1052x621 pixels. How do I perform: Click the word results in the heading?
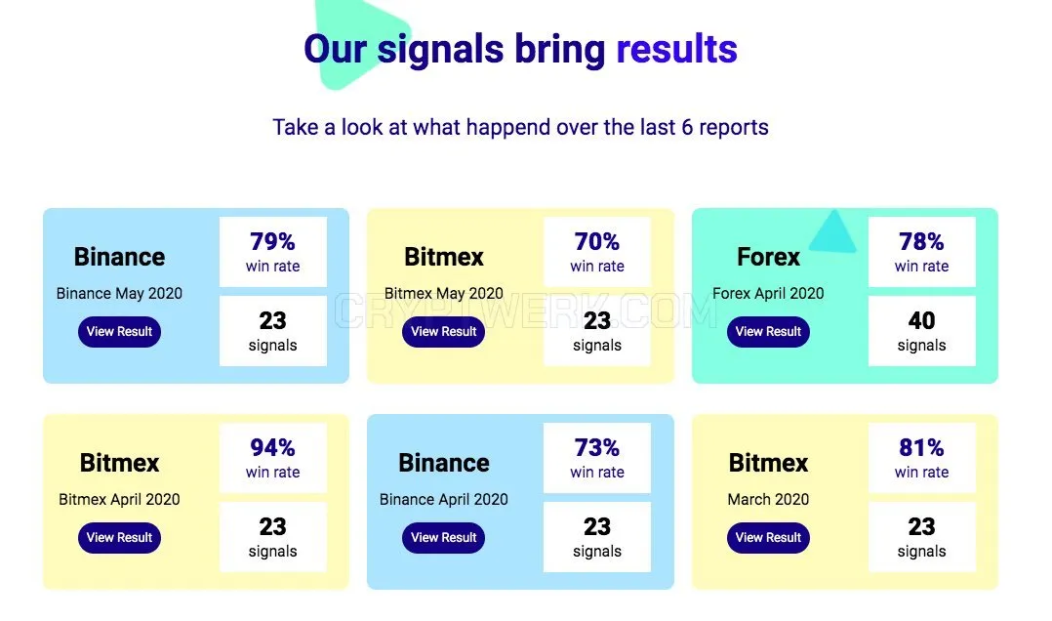(x=676, y=49)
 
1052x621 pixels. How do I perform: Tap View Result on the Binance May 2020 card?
(x=119, y=332)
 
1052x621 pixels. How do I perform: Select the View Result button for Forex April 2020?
(x=768, y=332)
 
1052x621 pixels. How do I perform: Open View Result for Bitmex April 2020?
(x=119, y=538)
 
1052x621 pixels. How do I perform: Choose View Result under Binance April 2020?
(x=443, y=538)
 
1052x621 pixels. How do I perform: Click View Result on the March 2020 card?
(x=768, y=538)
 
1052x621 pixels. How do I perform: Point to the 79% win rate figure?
(x=272, y=242)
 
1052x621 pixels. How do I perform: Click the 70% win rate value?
(x=596, y=242)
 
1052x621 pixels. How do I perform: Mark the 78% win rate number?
(x=921, y=242)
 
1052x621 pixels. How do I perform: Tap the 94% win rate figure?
(x=272, y=448)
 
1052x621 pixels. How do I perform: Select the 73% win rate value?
(x=596, y=448)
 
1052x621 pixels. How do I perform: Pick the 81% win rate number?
(x=921, y=448)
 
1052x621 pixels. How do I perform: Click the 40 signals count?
(x=921, y=321)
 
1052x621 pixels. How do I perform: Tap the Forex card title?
(x=768, y=257)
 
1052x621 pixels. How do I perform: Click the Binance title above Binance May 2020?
(x=119, y=257)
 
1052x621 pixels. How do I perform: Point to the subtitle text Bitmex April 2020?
(x=119, y=500)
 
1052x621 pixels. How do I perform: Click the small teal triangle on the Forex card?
(x=833, y=232)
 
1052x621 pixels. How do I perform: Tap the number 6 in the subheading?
(x=687, y=128)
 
